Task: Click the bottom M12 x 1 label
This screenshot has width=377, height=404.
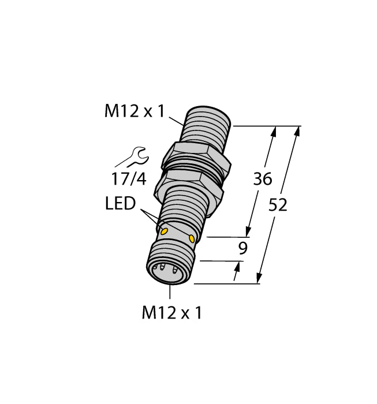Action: pos(172,313)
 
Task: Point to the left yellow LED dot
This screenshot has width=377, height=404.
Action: pos(163,232)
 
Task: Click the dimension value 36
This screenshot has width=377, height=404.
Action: pos(263,179)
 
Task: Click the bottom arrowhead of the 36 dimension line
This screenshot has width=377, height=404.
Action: pos(249,231)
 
